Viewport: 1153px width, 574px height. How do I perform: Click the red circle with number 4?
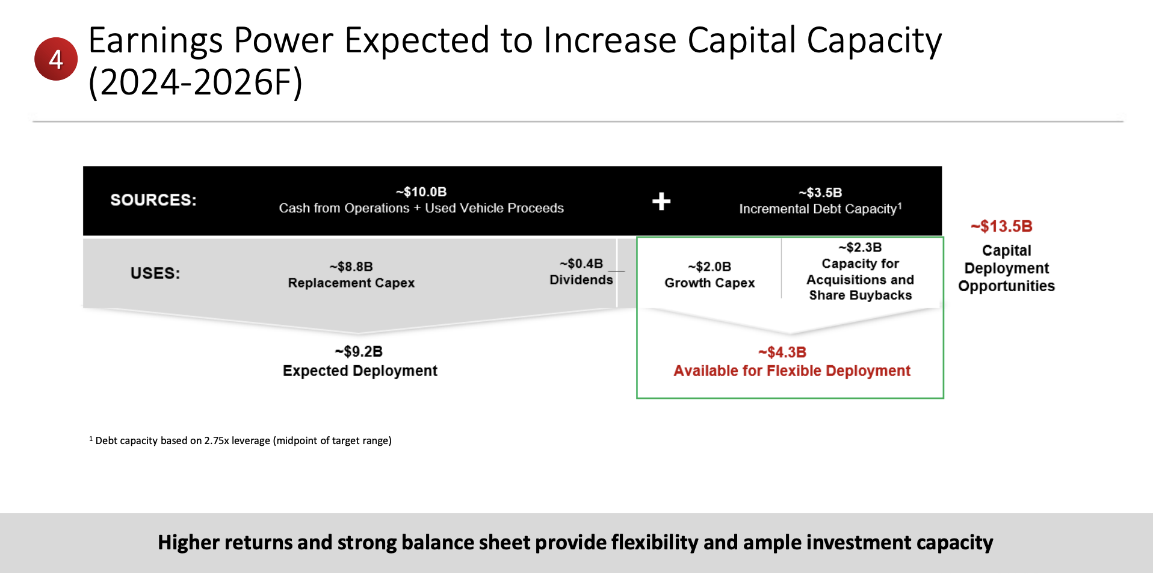coord(56,59)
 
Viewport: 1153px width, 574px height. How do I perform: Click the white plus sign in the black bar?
coord(661,201)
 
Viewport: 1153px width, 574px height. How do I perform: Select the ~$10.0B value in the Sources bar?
coord(421,192)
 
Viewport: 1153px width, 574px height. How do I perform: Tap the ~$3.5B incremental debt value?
coord(820,193)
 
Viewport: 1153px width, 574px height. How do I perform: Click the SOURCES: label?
coord(153,200)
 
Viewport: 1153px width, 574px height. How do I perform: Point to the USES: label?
coord(155,273)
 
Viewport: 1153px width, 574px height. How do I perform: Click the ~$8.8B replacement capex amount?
coord(351,267)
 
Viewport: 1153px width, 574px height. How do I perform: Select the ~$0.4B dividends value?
coord(581,264)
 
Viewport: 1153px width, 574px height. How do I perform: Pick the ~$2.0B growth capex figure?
coord(709,267)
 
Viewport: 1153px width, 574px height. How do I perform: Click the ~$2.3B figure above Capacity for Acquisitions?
coord(860,247)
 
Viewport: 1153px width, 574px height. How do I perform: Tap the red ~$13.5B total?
coord(1001,226)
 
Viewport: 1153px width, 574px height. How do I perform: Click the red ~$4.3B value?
coord(782,352)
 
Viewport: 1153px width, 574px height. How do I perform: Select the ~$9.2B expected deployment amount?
coord(359,351)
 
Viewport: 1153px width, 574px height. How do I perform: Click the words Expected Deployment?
coord(360,371)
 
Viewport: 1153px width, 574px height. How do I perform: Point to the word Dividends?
coord(581,280)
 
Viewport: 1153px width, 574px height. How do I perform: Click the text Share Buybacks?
coord(860,295)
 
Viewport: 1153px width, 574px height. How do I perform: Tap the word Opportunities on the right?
coord(1006,286)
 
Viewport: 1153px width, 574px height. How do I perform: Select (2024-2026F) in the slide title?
coord(196,82)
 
